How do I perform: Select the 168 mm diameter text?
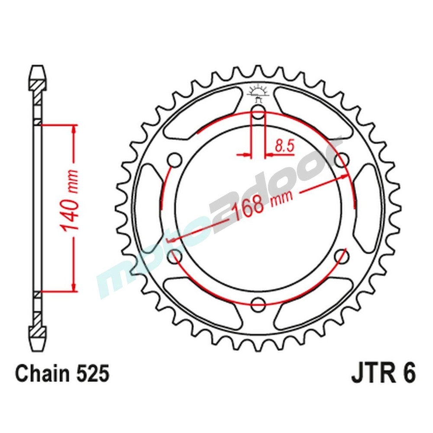[262, 204]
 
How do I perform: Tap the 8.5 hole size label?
[284, 146]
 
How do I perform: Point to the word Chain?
[42, 374]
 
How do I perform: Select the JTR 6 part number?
[383, 374]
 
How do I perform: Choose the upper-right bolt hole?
[342, 159]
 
